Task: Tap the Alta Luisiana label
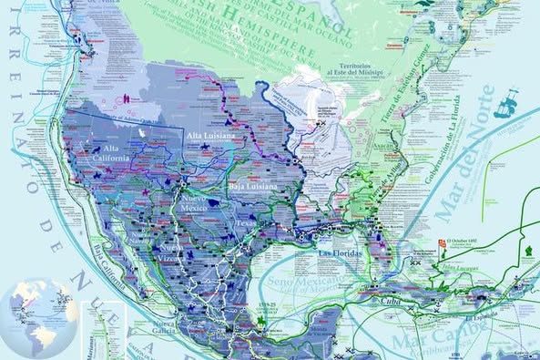pyautogui.click(x=210, y=136)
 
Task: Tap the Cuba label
pyautogui.click(x=399, y=296)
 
